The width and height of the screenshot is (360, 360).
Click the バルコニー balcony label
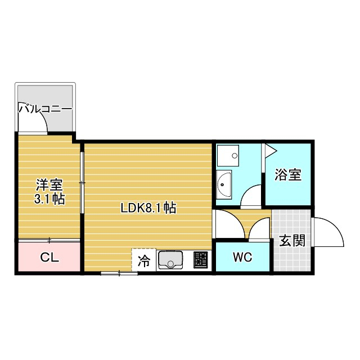click(x=45, y=109)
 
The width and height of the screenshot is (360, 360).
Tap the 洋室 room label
click(x=49, y=185)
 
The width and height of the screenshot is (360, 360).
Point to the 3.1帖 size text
click(x=49, y=199)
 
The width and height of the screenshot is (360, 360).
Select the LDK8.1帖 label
click(x=148, y=208)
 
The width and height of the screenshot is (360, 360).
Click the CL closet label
click(x=49, y=257)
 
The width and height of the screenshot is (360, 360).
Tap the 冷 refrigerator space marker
click(x=144, y=261)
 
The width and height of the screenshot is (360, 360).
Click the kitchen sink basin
click(x=170, y=260)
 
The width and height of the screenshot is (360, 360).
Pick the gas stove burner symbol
click(x=201, y=260)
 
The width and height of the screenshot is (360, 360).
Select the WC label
click(x=242, y=257)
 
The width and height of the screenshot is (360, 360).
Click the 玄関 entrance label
click(x=292, y=240)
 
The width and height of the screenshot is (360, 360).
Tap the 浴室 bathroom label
click(x=288, y=174)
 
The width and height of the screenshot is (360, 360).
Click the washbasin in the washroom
click(x=223, y=184)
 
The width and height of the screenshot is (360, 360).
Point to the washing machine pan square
click(x=228, y=155)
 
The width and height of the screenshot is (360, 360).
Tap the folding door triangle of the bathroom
click(x=271, y=151)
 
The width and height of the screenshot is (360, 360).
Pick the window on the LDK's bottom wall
click(x=119, y=273)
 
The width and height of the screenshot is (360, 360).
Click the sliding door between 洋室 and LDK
click(x=82, y=182)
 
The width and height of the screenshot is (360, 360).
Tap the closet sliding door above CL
click(x=49, y=240)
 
